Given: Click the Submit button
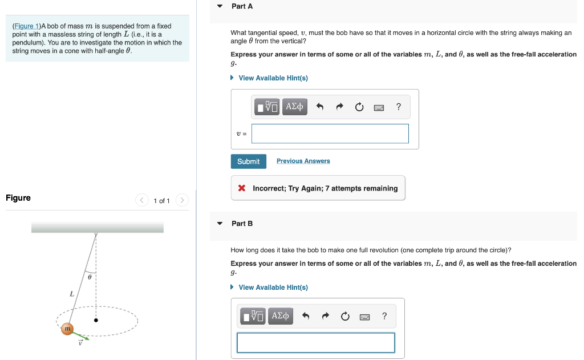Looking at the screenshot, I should pos(248,161).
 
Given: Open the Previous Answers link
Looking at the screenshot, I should pos(303,161).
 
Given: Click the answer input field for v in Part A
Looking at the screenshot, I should pos(330,134).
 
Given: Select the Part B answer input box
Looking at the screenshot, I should pos(315,342).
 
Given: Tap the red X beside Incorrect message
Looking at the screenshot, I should pos(242,188).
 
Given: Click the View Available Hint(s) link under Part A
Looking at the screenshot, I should pos(273,78).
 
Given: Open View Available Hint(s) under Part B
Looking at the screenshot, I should pos(273,288).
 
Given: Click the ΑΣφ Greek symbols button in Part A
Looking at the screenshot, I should pos(294,107).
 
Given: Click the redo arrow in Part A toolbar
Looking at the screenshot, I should pos(340,107).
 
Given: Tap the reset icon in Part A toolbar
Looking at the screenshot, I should pos(359,107).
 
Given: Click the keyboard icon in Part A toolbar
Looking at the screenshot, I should pos(379,107).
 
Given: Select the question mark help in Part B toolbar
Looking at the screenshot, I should pos(384,316).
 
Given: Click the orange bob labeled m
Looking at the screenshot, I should pos(67,329).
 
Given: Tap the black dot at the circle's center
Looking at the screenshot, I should pos(96,321).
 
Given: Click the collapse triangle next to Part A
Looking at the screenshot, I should pos(220,6).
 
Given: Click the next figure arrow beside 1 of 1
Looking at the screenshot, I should pos(182,200).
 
